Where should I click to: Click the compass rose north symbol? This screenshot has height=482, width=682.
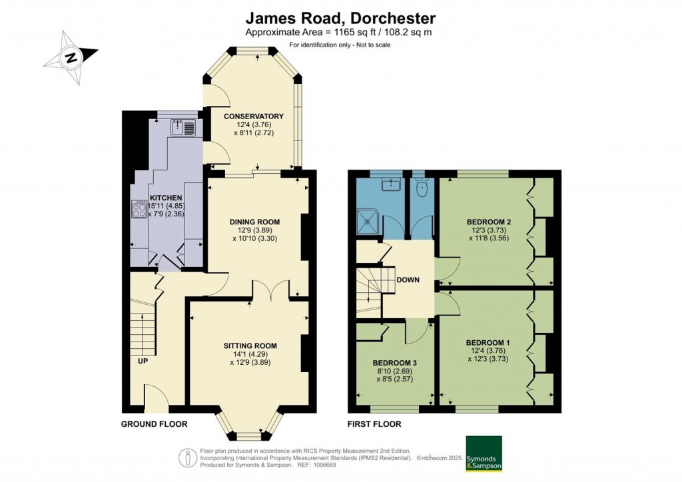(71, 57)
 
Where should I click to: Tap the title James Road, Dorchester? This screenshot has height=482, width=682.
(340, 18)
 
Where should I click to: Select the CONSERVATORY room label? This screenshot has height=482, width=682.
(254, 116)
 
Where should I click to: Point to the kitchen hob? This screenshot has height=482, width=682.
(139, 208)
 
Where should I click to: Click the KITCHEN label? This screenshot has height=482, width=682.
(166, 198)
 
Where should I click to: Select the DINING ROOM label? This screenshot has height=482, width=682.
(254, 222)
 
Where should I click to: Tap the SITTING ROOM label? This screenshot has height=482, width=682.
(250, 346)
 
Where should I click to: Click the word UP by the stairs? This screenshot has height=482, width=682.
(143, 361)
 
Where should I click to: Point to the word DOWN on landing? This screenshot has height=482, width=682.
(408, 280)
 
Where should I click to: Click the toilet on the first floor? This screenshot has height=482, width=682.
(422, 188)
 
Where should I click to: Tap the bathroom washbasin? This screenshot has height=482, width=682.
(392, 184)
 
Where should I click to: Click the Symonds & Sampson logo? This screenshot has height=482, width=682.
(484, 453)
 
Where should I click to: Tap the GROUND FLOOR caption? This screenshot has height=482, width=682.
(154, 424)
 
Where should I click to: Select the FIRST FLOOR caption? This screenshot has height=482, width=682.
(374, 424)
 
